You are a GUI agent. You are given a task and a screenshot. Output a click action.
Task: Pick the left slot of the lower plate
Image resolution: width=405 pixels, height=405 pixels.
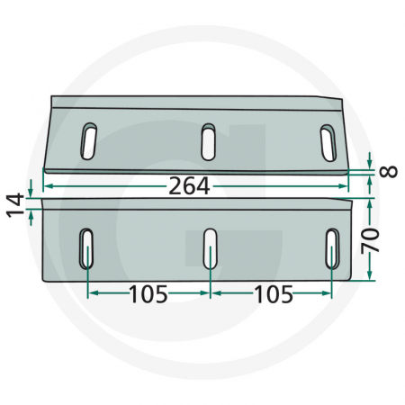(x=87, y=247)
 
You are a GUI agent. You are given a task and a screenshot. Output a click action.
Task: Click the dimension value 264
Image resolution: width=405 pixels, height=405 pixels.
(x=190, y=186)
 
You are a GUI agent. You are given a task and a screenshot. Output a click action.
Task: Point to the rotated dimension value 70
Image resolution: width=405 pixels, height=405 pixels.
(x=384, y=239)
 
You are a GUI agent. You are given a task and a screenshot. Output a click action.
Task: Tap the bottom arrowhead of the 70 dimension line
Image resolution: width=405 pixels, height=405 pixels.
(x=371, y=276)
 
